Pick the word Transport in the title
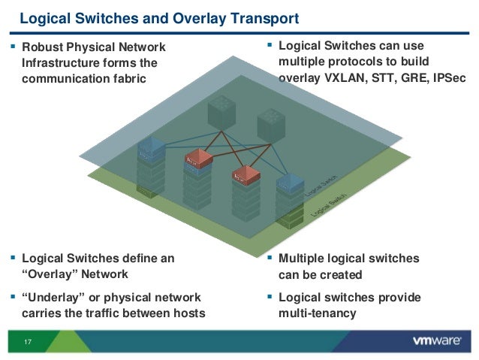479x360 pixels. pyautogui.click(x=262, y=17)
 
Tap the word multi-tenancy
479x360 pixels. pyautogui.click(x=317, y=313)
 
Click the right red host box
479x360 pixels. pyautogui.click(x=246, y=174)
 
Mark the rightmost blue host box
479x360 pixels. pyautogui.click(x=289, y=183)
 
